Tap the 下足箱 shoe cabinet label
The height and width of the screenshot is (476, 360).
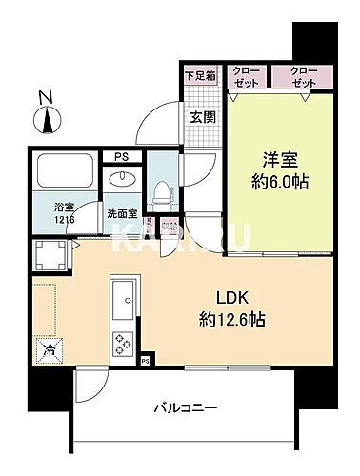pyautogui.click(x=199, y=74)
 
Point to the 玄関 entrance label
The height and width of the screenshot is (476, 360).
pyautogui.click(x=201, y=117)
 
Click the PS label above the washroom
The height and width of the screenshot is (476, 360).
pyautogui.click(x=120, y=156)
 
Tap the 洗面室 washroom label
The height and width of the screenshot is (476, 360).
pyautogui.click(x=119, y=214)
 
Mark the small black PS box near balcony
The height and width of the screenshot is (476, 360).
pyautogui.click(x=145, y=362)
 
